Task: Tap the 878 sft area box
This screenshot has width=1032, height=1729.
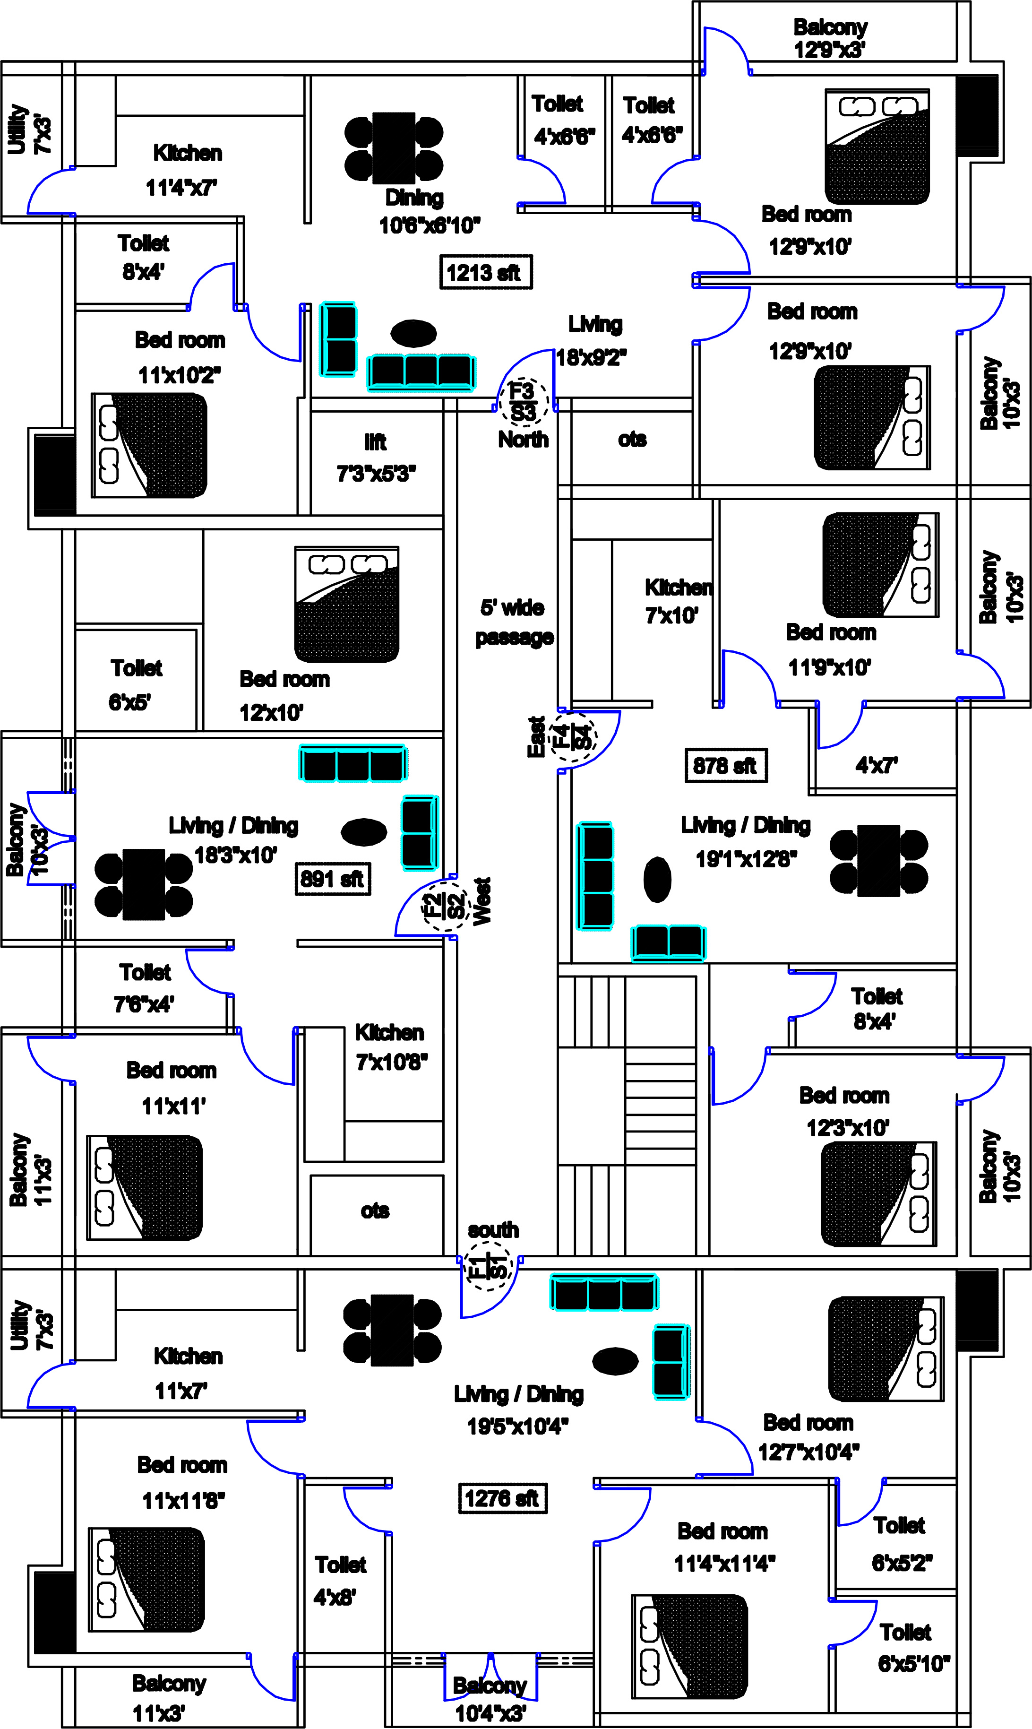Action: [725, 766]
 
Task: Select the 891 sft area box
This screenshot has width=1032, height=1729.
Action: [332, 879]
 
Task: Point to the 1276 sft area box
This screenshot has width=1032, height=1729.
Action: [502, 1498]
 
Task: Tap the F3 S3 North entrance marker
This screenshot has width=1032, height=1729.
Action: [524, 402]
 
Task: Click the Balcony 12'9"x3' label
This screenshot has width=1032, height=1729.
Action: [830, 38]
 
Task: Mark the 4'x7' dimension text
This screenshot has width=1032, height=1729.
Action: [876, 766]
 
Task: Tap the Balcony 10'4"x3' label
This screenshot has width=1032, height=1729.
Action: [490, 1699]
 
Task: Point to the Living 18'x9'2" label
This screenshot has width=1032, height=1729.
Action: [593, 341]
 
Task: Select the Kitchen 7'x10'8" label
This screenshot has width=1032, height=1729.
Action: [390, 1047]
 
